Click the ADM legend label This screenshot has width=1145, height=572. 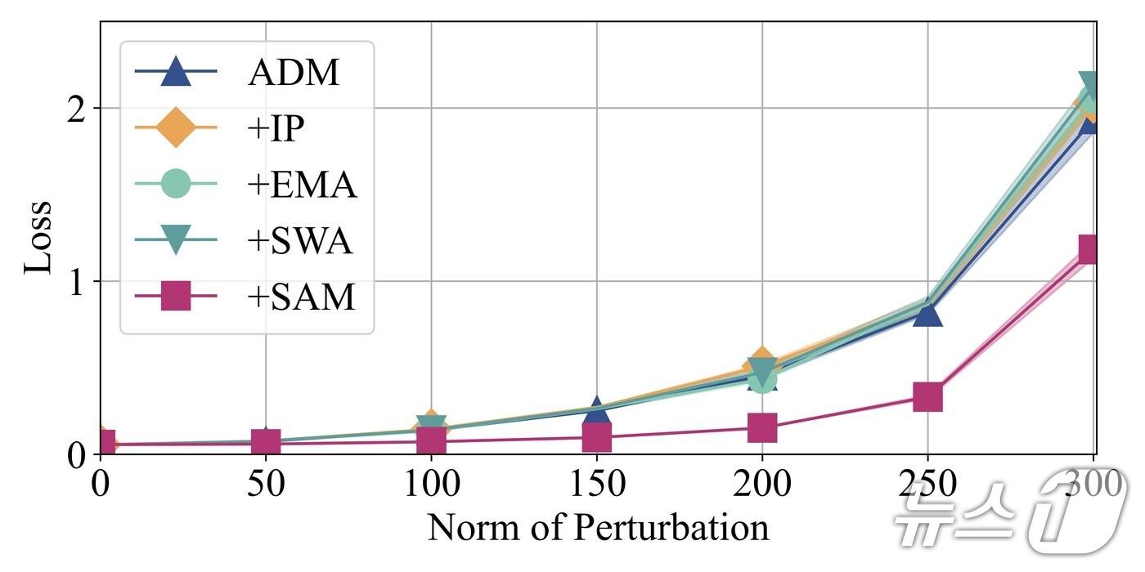click(293, 74)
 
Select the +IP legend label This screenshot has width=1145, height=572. click(276, 129)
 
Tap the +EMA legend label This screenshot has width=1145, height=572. click(302, 185)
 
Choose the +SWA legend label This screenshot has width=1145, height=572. click(299, 241)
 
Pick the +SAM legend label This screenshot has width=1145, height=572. click(301, 297)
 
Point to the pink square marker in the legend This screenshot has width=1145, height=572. click(175, 297)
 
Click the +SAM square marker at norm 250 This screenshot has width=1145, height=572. click(927, 398)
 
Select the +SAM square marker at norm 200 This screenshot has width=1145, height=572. click(761, 427)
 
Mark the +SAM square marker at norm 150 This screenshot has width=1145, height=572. click(597, 437)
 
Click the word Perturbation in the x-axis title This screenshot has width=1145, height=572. click(668, 528)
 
